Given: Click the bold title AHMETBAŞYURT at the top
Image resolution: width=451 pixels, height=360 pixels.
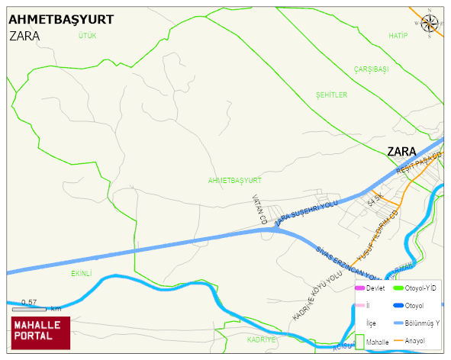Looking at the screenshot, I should pyautogui.click(x=61, y=20).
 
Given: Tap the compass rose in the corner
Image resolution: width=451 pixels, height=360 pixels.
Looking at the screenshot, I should pyautogui.click(x=430, y=25).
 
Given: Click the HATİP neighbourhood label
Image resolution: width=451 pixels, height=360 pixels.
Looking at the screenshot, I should pyautogui.click(x=398, y=36).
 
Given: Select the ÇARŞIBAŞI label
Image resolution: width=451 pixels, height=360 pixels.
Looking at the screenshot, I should pyautogui.click(x=371, y=69).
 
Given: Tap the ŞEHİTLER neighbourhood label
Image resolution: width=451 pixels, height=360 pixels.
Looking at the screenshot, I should pyautogui.click(x=331, y=95).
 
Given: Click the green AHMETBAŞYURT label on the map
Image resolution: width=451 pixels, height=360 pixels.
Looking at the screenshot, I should pyautogui.click(x=234, y=181).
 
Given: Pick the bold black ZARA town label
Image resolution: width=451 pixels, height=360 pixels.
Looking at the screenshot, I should pyautogui.click(x=401, y=150).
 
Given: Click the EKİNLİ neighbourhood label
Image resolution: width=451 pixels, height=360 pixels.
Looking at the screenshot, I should pyautogui.click(x=81, y=272).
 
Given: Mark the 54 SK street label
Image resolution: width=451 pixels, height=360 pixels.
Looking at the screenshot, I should pyautogui.click(x=373, y=201).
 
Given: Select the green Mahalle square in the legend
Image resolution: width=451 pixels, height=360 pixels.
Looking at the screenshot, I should pyautogui.click(x=360, y=341).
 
